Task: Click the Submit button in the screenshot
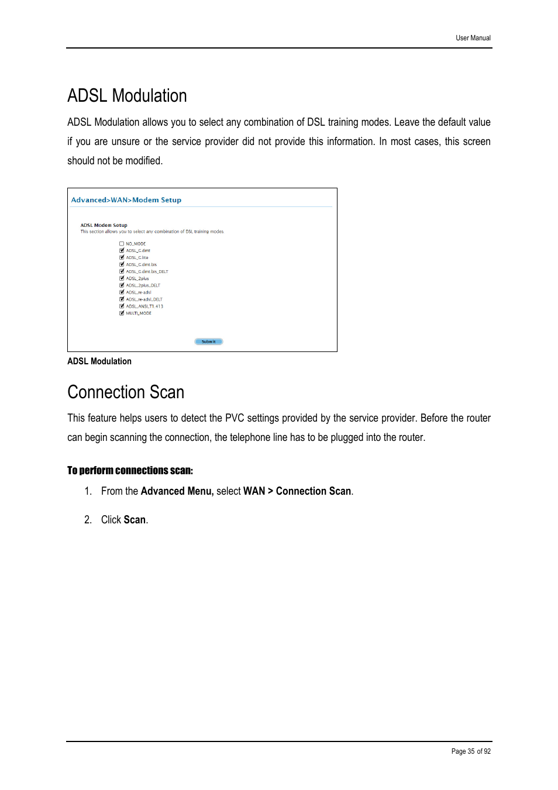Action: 208,341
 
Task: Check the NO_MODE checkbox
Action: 122,244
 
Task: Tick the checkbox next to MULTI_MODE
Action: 122,313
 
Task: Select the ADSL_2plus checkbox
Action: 122,278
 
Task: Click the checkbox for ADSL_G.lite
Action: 122,257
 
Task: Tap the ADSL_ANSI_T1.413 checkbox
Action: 122,306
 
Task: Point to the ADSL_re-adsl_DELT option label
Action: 144,299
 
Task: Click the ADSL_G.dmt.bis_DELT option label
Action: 147,271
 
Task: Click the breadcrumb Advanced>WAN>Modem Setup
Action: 126,200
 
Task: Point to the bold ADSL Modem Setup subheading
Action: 104,225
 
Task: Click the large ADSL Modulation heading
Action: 127,96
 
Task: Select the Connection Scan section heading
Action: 126,392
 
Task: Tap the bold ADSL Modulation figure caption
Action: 99,361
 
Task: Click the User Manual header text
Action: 473,38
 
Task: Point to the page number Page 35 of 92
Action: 470,751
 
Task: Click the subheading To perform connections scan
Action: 130,471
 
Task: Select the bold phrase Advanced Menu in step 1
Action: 177,491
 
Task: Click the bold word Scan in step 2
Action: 135,520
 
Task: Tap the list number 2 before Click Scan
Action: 87,520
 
